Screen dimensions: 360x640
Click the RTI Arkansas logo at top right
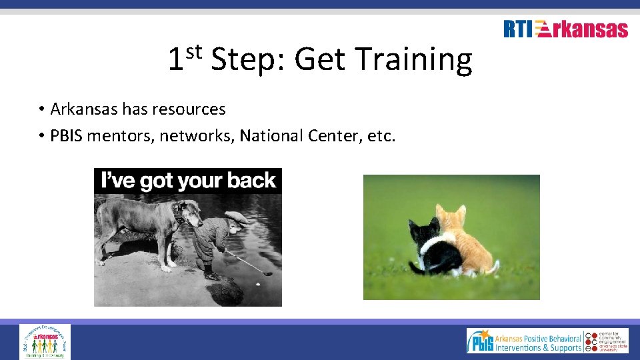click(565, 29)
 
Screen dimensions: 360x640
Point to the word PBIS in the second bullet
click(67, 136)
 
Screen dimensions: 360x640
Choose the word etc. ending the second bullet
click(381, 136)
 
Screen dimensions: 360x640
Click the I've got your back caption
click(187, 181)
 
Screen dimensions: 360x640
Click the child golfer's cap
click(236, 217)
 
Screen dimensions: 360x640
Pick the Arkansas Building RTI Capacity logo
click(45, 341)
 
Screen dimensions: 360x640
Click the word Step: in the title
click(249, 61)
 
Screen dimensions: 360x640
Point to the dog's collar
click(178, 213)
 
